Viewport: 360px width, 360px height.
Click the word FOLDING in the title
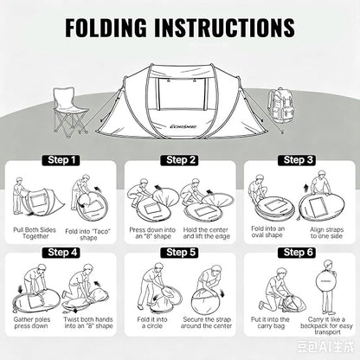[106, 28]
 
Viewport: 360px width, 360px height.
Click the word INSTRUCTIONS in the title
[225, 28]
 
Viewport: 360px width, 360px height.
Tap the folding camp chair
[70, 112]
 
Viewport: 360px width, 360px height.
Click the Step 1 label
[61, 160]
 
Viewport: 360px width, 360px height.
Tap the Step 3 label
[297, 160]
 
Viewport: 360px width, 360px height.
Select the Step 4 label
[61, 253]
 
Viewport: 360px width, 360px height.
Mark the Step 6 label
[297, 253]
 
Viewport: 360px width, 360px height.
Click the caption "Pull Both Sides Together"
[35, 233]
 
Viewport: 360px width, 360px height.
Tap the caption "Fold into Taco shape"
[88, 235]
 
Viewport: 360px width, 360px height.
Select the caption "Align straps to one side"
[326, 233]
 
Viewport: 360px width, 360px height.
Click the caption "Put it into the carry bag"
[270, 323]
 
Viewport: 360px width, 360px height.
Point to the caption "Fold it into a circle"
[152, 323]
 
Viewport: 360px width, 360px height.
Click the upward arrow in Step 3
[306, 189]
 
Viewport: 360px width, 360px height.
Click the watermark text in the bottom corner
[325, 346]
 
